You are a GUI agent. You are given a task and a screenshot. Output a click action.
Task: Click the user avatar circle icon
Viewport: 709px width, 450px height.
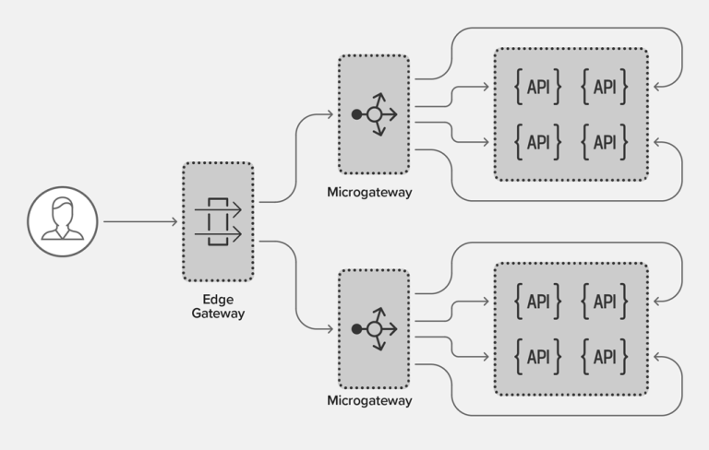point(63,222)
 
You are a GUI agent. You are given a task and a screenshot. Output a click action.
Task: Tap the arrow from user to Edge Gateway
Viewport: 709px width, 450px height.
point(140,221)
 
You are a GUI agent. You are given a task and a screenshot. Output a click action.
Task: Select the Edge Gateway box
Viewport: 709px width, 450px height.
point(218,221)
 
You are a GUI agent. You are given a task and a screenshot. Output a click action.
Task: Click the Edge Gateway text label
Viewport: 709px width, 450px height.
point(218,306)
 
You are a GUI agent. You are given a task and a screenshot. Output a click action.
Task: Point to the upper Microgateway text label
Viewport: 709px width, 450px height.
point(369,193)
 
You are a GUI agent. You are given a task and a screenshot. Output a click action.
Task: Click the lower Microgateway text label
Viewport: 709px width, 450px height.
point(369,401)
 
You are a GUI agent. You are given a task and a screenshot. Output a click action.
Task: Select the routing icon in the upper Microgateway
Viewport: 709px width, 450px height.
point(375,114)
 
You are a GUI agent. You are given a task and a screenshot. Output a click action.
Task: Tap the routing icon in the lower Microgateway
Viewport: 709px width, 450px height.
point(375,329)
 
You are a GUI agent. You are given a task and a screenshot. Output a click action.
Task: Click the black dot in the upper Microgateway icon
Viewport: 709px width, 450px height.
point(356,114)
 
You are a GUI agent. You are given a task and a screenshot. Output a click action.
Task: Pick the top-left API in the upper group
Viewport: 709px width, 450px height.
point(538,87)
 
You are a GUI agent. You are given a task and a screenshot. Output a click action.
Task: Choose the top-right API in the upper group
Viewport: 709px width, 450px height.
point(605,87)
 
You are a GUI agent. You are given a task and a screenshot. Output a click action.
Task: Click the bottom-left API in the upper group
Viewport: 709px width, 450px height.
point(538,142)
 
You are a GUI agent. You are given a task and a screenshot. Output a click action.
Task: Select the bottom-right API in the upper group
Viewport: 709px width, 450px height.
point(605,142)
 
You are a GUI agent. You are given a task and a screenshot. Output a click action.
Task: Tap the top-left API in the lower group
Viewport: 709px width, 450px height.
point(538,302)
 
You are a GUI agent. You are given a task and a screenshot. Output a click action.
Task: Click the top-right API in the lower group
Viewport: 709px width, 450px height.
point(605,302)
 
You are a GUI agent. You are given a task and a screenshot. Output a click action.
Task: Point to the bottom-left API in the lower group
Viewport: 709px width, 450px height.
point(538,357)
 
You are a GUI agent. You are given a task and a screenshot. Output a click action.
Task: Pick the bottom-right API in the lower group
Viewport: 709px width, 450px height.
point(605,357)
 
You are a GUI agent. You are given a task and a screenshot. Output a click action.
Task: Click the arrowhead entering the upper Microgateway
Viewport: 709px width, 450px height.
point(330,114)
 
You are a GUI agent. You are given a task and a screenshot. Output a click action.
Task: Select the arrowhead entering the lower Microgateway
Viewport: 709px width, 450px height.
point(330,329)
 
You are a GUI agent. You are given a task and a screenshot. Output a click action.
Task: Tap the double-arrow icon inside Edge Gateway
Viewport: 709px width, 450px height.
point(218,222)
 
